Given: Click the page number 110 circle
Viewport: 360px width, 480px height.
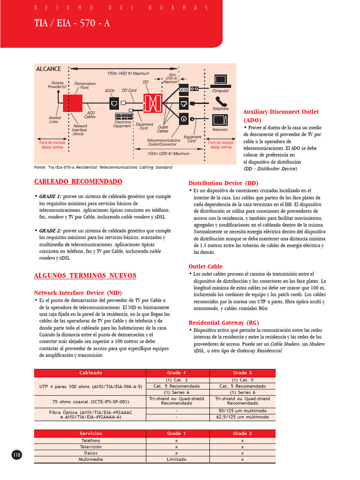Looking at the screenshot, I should coord(17,454).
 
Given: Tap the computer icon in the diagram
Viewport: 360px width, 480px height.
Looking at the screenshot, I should coord(220,81).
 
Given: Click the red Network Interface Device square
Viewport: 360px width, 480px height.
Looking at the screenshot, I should coord(73,103).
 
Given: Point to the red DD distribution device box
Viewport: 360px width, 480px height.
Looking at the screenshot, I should coord(153,103).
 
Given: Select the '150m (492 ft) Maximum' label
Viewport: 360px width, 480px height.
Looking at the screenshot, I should coord(128,73).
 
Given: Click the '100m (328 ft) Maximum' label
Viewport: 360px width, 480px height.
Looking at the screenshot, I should coord(168,153).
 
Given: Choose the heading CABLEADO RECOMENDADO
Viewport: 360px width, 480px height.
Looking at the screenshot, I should coord(78,181).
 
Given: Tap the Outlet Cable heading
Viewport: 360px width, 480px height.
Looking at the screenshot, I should coord(205,266).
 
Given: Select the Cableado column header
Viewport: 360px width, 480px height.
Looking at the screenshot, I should coord(90,373).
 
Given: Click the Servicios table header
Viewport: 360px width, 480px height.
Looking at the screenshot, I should coord(90,434).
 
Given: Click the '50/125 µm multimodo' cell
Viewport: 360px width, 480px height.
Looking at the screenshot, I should coord(242,410).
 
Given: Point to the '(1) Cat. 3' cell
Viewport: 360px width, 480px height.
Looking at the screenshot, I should coord(177,380).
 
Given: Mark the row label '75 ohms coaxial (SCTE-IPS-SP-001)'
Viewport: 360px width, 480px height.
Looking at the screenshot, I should coord(90,401).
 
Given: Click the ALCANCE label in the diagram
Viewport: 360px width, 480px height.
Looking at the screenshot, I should coord(49,69).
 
